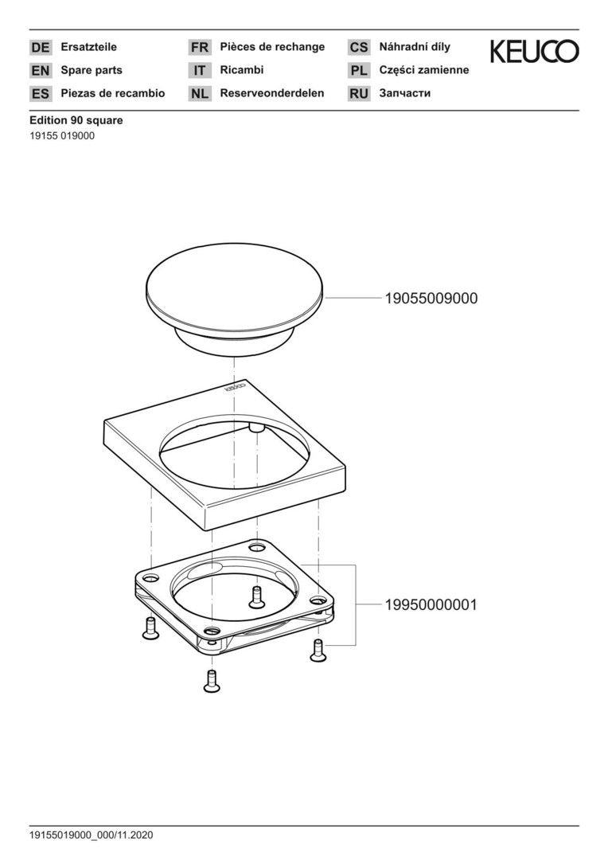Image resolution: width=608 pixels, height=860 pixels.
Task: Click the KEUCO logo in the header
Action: pyautogui.click(x=534, y=51)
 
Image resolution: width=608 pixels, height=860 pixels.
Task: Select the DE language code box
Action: pyautogui.click(x=41, y=48)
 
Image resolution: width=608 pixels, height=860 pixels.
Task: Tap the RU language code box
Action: pyautogui.click(x=359, y=94)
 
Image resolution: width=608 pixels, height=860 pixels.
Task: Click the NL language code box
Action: pyautogui.click(x=200, y=94)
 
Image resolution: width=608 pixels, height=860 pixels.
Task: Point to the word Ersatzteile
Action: pyautogui.click(x=89, y=47)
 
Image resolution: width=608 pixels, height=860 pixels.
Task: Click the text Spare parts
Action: pyautogui.click(x=92, y=70)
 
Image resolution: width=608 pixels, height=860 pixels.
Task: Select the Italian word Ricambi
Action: pyautogui.click(x=242, y=70)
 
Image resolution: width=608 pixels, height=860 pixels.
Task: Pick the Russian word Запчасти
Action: pyautogui.click(x=404, y=93)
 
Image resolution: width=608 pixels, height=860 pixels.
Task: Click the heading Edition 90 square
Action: pyautogui.click(x=76, y=120)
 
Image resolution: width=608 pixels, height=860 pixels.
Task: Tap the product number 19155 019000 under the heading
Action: pyautogui.click(x=62, y=136)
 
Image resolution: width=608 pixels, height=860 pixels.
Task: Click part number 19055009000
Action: pyautogui.click(x=431, y=299)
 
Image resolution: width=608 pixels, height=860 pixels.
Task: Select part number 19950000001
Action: pyautogui.click(x=431, y=605)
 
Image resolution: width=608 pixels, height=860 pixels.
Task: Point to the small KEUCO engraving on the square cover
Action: pyautogui.click(x=236, y=389)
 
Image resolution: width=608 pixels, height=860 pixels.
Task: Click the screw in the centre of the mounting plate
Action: pyautogui.click(x=256, y=596)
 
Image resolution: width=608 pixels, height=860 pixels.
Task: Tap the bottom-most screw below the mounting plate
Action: pyautogui.click(x=212, y=681)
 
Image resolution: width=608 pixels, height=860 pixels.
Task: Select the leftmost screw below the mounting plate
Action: pyautogui.click(x=150, y=628)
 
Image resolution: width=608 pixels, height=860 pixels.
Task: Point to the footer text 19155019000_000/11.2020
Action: pyautogui.click(x=92, y=835)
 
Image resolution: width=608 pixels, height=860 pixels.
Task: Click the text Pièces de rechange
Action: pyautogui.click(x=272, y=47)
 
